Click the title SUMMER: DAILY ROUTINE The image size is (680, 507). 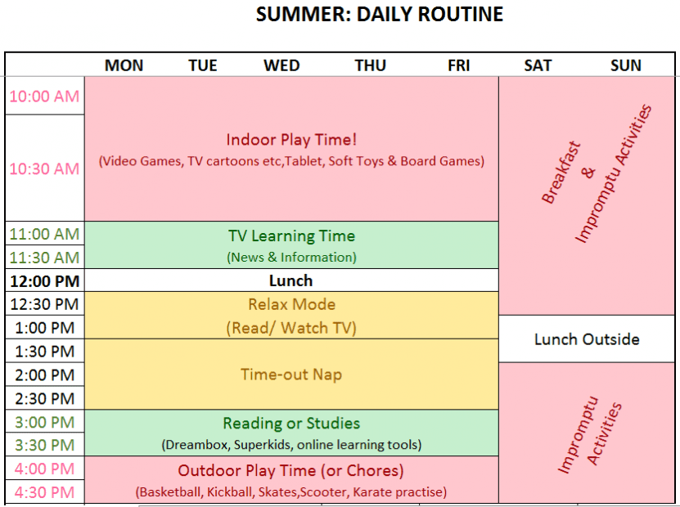(x=380, y=14)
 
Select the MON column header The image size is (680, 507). (x=124, y=65)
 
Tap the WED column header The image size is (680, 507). (x=281, y=65)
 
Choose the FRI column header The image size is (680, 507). (x=458, y=65)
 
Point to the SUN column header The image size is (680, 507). (x=626, y=65)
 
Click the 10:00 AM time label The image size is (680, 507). (x=44, y=96)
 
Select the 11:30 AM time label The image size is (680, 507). (x=44, y=258)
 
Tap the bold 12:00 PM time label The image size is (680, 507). (x=45, y=281)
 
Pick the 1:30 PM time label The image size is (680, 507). (x=45, y=352)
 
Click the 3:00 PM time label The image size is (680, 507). (x=45, y=422)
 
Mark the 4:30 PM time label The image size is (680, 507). (x=44, y=493)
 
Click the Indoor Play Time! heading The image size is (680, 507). (x=291, y=140)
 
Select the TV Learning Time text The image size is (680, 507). (x=291, y=236)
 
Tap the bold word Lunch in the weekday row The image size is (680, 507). (x=290, y=280)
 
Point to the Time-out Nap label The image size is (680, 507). (x=291, y=375)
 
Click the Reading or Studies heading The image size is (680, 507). (x=291, y=424)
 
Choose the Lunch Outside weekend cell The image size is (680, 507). (x=587, y=339)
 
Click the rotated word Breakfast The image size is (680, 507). (x=561, y=173)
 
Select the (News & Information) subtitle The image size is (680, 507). (x=291, y=258)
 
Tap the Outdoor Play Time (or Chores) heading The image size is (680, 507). (x=290, y=470)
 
